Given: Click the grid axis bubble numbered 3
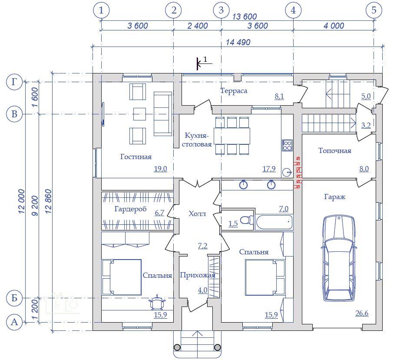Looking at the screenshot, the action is coord(221,10).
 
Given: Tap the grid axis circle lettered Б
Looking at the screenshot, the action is coord(14,298).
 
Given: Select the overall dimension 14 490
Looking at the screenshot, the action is coord(238,42).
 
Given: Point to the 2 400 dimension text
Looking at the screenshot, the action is coord(198,26).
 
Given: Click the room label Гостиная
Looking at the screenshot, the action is coord(136,157).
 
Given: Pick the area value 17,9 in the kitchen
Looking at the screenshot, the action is coord(269,169).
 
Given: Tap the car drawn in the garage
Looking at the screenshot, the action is coord(339,258).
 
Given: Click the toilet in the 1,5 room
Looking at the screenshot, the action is coord(247,220).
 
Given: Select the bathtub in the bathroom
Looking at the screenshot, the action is coord(274,222).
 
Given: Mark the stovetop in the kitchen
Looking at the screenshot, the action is coord(287,145).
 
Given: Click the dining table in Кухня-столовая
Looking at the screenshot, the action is coord(231,136).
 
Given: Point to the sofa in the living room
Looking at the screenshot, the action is coord(162,114).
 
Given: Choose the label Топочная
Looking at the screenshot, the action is coord(335,150).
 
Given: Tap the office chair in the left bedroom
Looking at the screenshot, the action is coord(157,303).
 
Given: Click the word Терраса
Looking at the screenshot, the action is coord(234,91).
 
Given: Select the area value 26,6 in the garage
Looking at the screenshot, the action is coord(362,313).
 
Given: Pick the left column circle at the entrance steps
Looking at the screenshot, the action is coord(177,347).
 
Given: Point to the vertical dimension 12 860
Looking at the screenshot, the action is coord(48,201).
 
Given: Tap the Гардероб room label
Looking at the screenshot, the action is coord(130,209).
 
